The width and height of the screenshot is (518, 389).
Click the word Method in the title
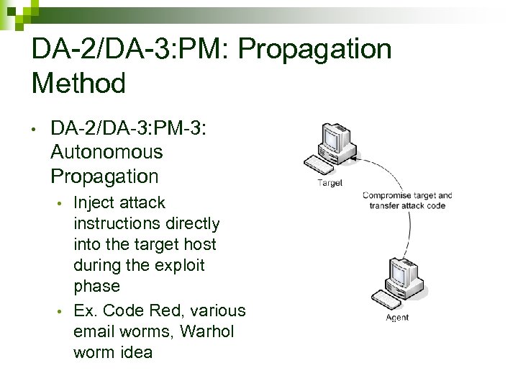click(79, 84)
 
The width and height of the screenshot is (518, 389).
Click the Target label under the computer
click(330, 183)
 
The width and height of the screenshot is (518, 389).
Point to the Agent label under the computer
click(396, 318)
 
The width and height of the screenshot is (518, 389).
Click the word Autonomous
click(107, 153)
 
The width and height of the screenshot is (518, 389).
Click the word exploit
click(179, 265)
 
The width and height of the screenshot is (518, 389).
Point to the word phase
click(96, 286)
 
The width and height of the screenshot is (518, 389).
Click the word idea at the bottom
click(136, 353)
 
